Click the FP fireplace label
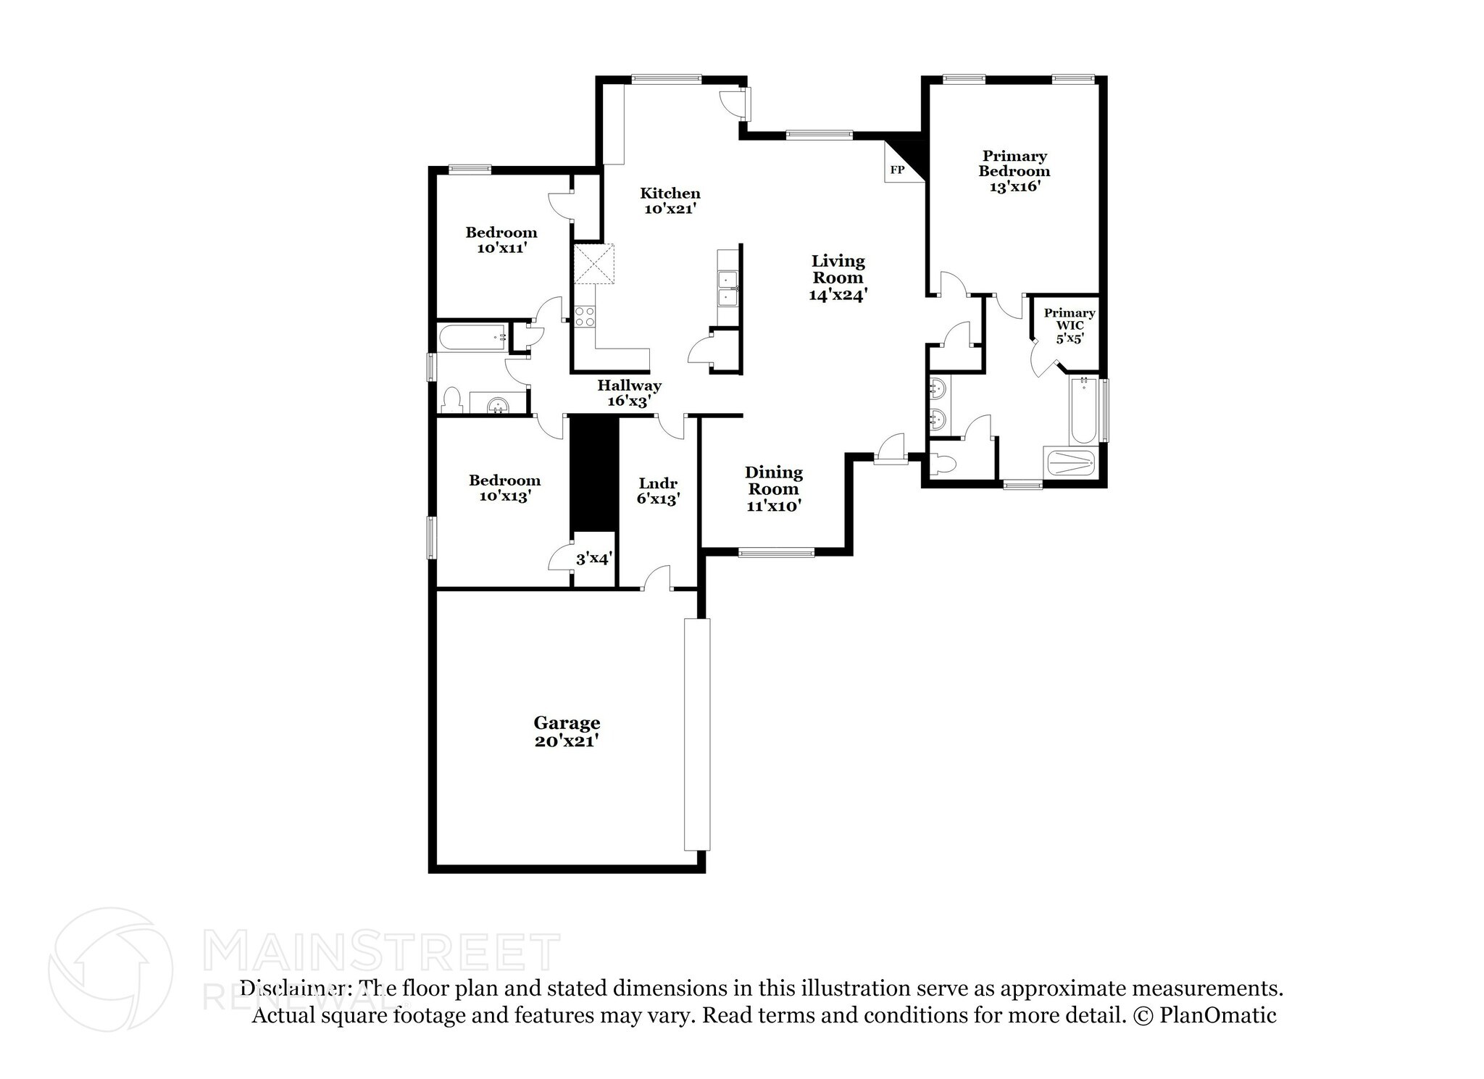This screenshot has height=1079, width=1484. tap(897, 170)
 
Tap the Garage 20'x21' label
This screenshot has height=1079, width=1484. tap(567, 732)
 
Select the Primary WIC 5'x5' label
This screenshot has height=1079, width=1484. tap(1069, 325)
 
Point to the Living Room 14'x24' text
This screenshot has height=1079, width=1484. tap(838, 278)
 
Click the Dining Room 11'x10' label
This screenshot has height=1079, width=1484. tap(774, 489)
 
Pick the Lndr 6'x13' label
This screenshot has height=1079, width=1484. tap(658, 491)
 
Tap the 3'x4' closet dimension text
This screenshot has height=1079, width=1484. tap(594, 559)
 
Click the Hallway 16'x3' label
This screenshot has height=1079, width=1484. tap(629, 393)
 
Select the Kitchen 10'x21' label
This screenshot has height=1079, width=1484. tap(670, 201)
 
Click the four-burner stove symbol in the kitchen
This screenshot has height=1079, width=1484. tap(585, 316)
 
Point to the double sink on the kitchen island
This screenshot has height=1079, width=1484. tap(727, 289)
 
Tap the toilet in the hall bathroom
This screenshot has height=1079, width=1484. tap(451, 401)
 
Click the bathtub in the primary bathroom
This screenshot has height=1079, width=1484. tap(1084, 410)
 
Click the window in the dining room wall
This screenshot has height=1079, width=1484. tap(776, 553)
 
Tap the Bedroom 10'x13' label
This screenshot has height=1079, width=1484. tap(504, 488)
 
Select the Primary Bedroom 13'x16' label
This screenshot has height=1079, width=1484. tap(1014, 171)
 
